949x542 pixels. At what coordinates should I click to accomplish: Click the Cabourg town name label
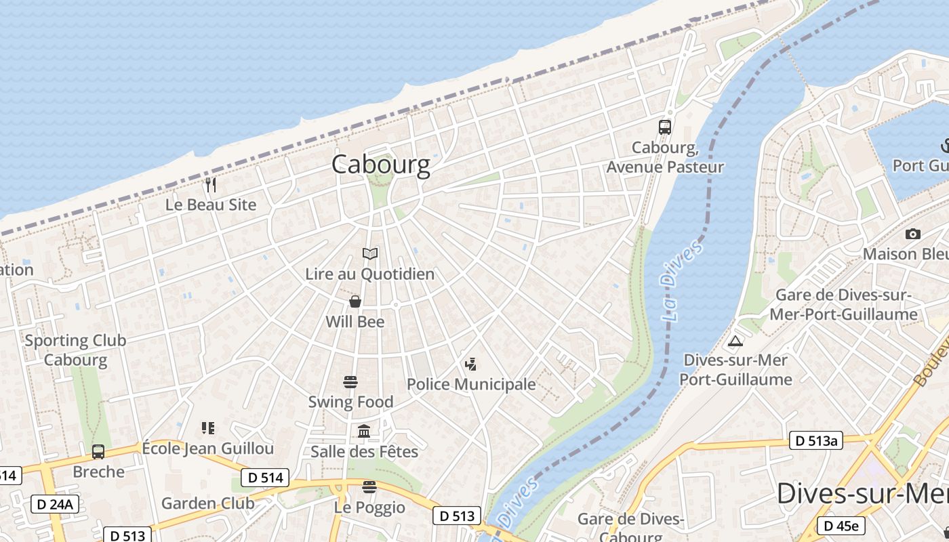click(x=380, y=165)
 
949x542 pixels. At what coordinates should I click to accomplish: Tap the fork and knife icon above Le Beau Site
click(x=210, y=184)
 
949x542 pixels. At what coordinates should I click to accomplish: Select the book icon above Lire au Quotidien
click(x=369, y=254)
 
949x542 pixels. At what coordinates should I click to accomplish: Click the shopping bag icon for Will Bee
click(x=355, y=301)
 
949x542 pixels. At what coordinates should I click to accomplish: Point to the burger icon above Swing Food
click(x=350, y=382)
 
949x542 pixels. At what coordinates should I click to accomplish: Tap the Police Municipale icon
click(x=470, y=364)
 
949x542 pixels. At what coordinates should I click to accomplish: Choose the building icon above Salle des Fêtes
click(x=364, y=431)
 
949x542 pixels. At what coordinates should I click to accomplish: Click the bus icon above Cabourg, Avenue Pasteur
click(x=665, y=127)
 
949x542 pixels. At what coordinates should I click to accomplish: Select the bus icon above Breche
click(x=98, y=451)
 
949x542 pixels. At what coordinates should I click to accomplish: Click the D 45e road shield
click(x=841, y=525)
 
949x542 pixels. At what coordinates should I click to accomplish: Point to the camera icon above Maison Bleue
click(x=913, y=234)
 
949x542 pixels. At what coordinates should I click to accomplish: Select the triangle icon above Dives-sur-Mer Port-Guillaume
click(x=735, y=340)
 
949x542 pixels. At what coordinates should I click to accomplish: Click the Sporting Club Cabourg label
click(x=75, y=350)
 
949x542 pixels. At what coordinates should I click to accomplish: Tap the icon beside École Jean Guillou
click(x=208, y=428)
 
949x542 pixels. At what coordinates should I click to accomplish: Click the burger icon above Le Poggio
click(x=369, y=487)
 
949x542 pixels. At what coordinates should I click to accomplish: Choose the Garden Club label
click(x=207, y=503)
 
